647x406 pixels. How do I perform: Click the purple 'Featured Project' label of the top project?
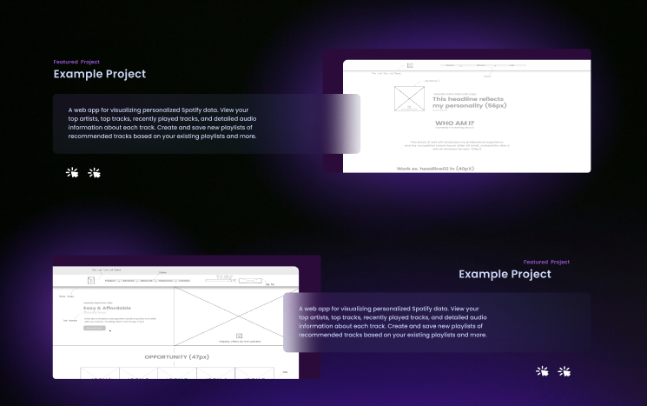coord(76,63)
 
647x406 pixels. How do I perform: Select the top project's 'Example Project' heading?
coord(99,75)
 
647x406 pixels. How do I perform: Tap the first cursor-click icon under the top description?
coord(73,172)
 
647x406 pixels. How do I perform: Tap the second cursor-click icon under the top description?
coord(95,172)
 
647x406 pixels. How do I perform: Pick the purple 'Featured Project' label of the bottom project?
coord(546,262)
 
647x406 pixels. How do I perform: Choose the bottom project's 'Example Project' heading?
coord(505,274)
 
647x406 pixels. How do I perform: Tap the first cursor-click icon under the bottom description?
coord(542,371)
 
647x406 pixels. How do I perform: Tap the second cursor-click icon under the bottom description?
coord(564,371)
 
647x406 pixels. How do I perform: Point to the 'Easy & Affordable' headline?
coord(108,309)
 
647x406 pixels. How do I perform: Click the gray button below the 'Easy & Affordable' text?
coord(94,329)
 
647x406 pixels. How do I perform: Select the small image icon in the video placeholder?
coord(239,336)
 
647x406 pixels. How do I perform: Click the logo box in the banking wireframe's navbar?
coord(91,281)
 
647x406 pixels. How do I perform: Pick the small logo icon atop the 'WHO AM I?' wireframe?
coord(410,65)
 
